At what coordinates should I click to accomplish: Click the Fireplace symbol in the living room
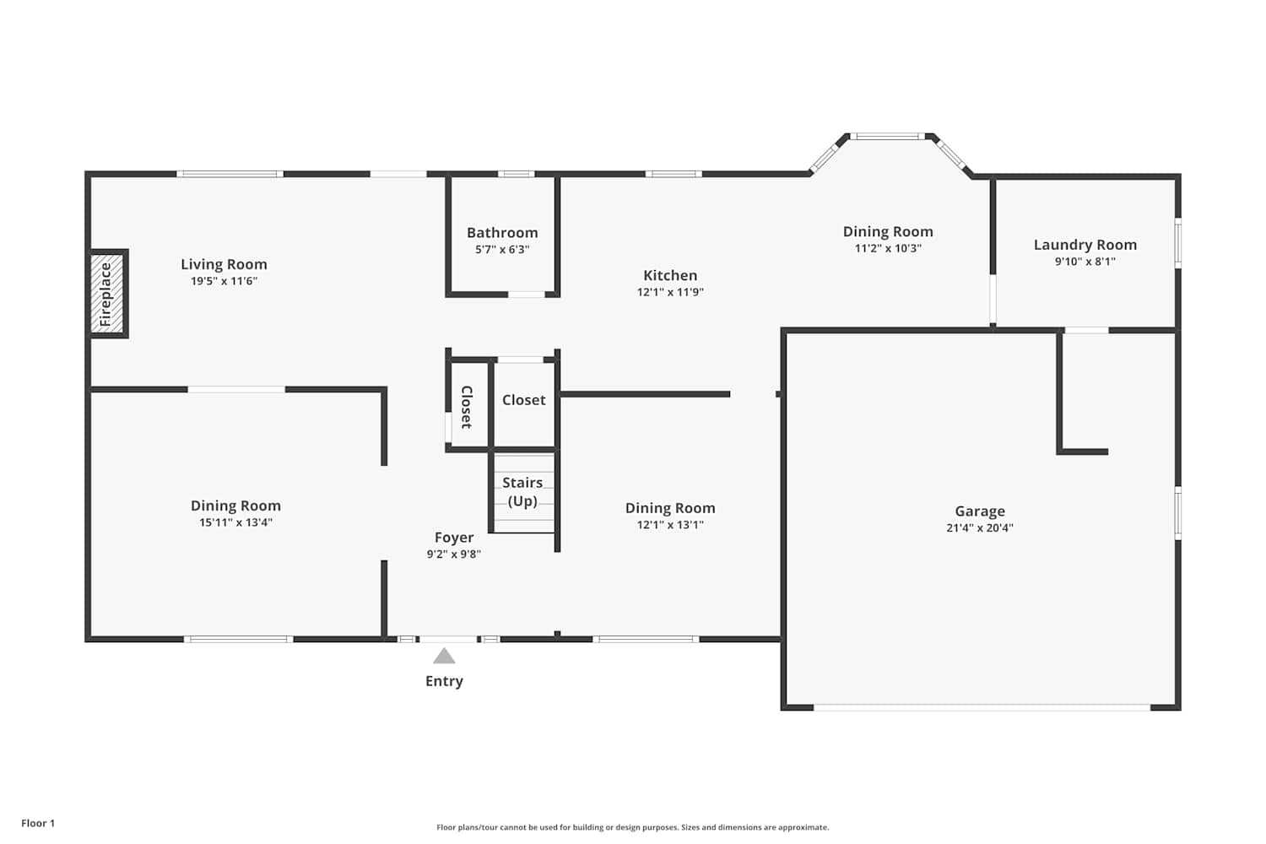107,295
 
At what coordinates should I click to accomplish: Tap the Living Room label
224,264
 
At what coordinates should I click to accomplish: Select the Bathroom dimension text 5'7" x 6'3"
502,250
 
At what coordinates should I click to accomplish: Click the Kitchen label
670,275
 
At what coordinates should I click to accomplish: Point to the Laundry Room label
1085,245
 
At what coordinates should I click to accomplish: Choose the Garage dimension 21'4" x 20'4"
980,528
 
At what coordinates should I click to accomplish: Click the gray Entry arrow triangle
444,657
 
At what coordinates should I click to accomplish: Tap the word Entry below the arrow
444,681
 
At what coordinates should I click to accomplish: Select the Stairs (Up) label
522,491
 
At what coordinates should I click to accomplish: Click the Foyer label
454,538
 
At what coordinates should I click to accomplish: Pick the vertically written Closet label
467,407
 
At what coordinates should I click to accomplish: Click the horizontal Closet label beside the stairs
524,400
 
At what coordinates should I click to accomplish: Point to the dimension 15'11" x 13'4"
235,522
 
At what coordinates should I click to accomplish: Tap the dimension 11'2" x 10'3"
888,248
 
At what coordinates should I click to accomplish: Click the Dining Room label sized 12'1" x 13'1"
670,508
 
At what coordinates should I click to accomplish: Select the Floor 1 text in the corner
38,823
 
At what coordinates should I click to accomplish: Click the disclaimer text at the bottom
632,827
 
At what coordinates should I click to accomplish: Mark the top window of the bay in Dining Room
887,136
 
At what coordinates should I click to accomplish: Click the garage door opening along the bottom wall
982,707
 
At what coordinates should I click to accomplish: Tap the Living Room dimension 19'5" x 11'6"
224,281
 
